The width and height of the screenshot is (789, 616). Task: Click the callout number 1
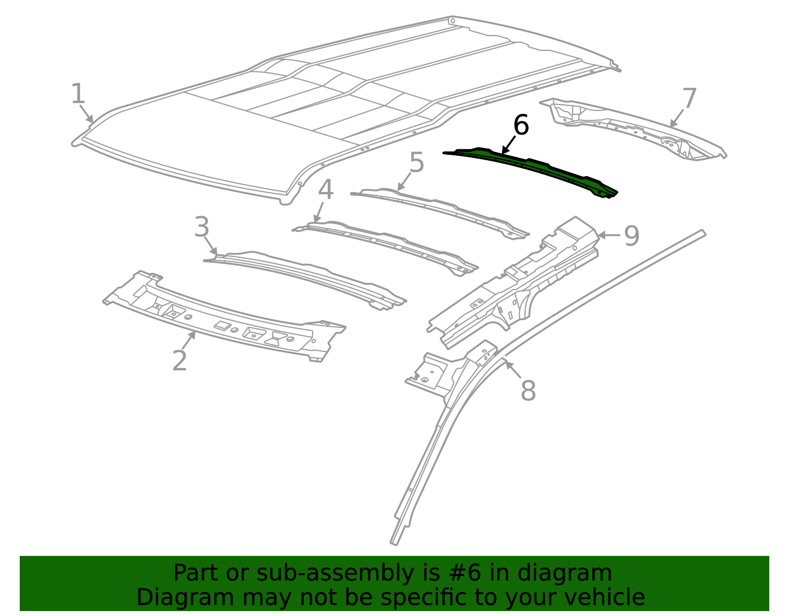coord(78,94)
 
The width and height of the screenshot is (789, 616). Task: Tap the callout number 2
coord(179,361)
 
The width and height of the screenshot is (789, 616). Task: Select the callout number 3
coord(202,228)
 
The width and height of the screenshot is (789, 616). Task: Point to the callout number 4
coord(325,190)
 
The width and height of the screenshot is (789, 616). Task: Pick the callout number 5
coord(417,163)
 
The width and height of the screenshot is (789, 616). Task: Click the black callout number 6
coord(521,125)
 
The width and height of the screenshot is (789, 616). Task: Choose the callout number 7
coord(689,99)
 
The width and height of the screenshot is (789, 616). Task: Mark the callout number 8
coord(528,391)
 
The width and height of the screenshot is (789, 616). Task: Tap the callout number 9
coord(632,236)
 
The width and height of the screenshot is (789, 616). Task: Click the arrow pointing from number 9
coord(610,235)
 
